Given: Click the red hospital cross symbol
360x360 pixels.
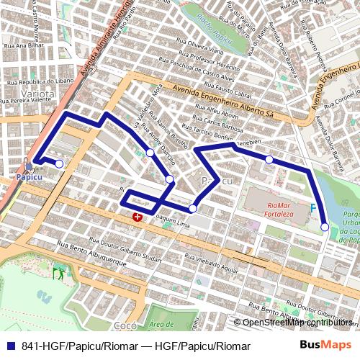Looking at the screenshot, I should (x=137, y=216).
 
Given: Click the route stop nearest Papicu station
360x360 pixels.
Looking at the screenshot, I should (x=59, y=164).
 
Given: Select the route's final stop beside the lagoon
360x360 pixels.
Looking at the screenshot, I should (x=325, y=227).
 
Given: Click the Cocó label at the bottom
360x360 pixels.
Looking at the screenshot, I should (x=125, y=325).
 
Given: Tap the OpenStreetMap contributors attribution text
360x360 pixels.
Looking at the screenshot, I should (x=295, y=322).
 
